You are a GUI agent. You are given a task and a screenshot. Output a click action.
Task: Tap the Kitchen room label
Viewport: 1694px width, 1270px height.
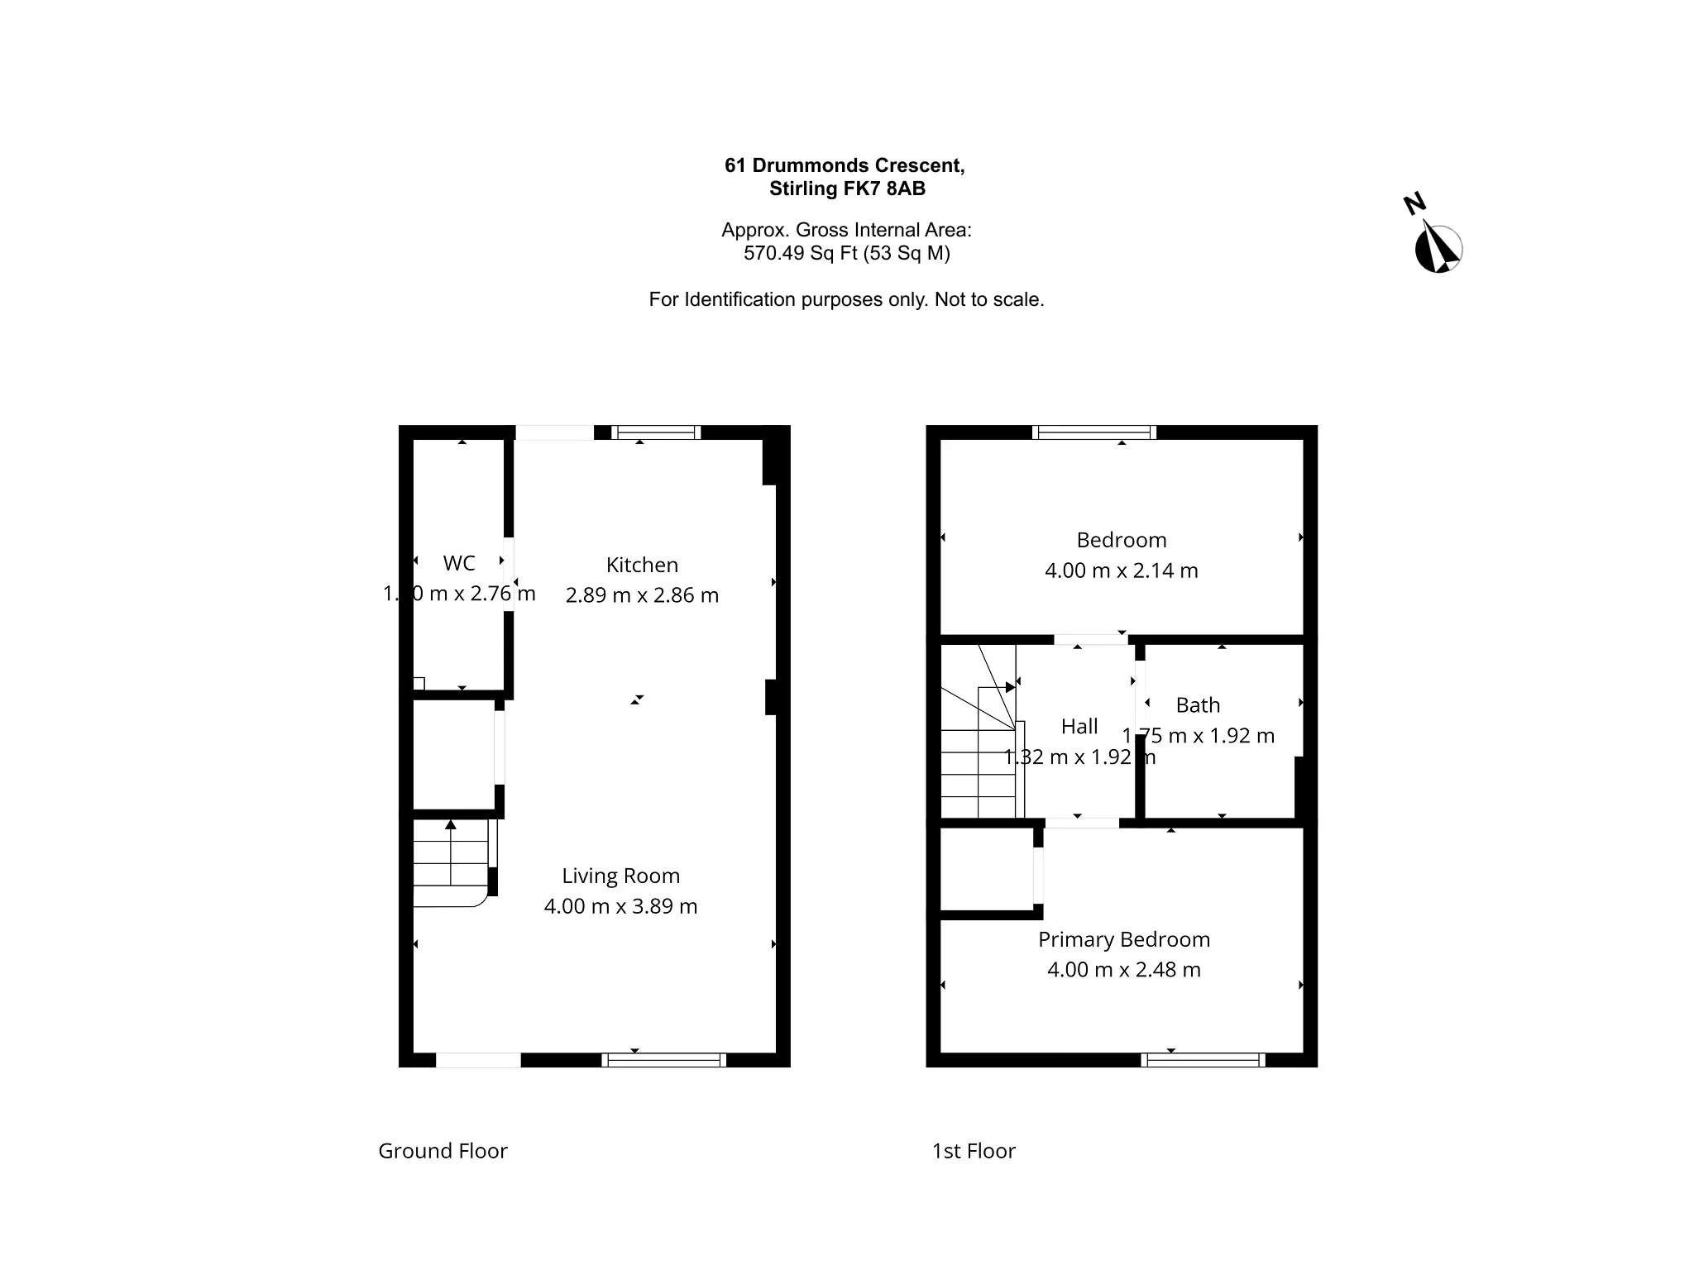pyautogui.click(x=642, y=565)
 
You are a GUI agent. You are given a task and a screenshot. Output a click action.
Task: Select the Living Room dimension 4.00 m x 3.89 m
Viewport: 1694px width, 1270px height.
pyautogui.click(x=620, y=906)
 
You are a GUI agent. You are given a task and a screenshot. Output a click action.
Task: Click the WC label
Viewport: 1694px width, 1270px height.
pyautogui.click(x=459, y=563)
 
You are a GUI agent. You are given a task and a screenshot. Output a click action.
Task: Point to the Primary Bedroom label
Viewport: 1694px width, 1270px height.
pyautogui.click(x=1123, y=939)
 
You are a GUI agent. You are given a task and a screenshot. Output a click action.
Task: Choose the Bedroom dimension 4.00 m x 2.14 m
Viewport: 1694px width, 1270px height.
pyautogui.click(x=1121, y=571)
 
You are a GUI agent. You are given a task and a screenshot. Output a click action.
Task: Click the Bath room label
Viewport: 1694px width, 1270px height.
pyautogui.click(x=1198, y=705)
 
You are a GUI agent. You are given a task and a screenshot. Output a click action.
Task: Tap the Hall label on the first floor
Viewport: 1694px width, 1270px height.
pyautogui.click(x=1079, y=726)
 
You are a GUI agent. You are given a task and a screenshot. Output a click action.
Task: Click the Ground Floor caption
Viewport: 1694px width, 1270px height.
pyautogui.click(x=443, y=1151)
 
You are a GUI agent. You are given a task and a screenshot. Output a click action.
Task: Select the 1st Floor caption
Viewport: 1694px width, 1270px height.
pyautogui.click(x=974, y=1151)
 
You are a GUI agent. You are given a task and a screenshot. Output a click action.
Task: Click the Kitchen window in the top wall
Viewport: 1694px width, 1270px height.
pyautogui.click(x=656, y=432)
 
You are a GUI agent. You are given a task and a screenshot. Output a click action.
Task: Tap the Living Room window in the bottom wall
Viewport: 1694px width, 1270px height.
pyautogui.click(x=663, y=1060)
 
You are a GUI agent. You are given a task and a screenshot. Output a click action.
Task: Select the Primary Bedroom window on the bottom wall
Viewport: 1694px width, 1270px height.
pyautogui.click(x=1203, y=1060)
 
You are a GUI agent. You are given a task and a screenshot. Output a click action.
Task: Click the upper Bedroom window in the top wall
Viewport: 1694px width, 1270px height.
pyautogui.click(x=1093, y=432)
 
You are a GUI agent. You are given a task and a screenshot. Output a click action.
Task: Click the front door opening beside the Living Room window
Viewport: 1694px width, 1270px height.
pyautogui.click(x=478, y=1060)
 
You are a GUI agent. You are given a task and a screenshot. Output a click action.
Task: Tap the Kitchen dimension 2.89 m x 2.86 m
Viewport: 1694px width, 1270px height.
pyautogui.click(x=642, y=595)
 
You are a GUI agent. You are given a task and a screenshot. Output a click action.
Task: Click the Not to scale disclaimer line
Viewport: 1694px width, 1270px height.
pyautogui.click(x=845, y=299)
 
